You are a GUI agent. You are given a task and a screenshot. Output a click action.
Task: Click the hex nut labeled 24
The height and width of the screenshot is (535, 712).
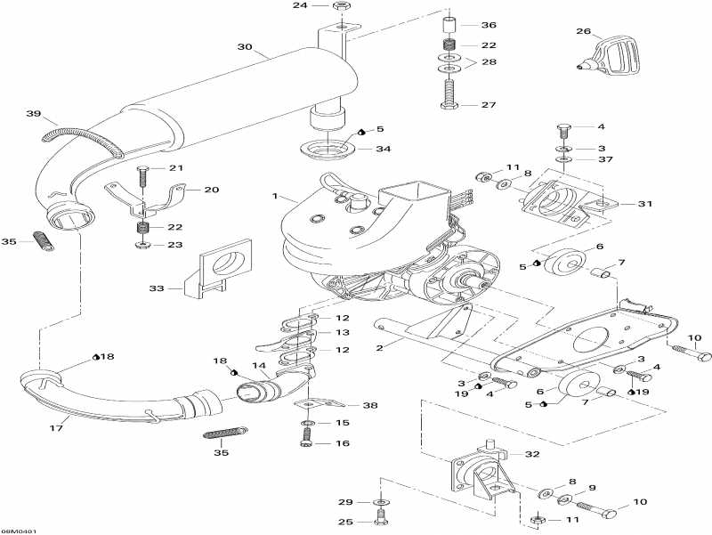point(340,6)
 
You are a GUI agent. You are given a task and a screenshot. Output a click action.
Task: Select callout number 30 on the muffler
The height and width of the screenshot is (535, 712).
point(244,47)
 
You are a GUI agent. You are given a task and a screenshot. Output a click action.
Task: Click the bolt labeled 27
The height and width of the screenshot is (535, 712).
point(449,94)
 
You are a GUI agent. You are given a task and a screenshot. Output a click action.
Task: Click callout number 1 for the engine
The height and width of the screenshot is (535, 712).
point(275,196)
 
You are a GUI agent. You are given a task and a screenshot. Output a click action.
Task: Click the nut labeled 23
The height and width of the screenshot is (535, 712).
point(142,246)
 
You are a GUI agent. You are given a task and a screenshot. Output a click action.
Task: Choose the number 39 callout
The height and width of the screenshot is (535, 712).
point(33,114)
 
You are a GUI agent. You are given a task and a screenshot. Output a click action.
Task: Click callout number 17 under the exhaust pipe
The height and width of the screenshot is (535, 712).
point(56,428)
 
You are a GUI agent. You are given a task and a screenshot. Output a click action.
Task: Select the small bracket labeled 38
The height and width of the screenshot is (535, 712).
point(317,403)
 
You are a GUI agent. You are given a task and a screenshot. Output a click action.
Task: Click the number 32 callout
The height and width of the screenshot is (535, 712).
point(532,454)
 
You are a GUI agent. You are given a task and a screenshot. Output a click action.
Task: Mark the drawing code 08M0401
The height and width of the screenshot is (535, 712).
point(19,531)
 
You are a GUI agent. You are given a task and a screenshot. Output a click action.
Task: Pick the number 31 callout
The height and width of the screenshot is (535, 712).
point(644,204)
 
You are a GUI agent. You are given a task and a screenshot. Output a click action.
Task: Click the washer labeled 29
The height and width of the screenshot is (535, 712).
point(381,502)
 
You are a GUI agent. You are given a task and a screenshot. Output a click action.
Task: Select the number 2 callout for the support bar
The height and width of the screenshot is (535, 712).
point(380,347)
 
